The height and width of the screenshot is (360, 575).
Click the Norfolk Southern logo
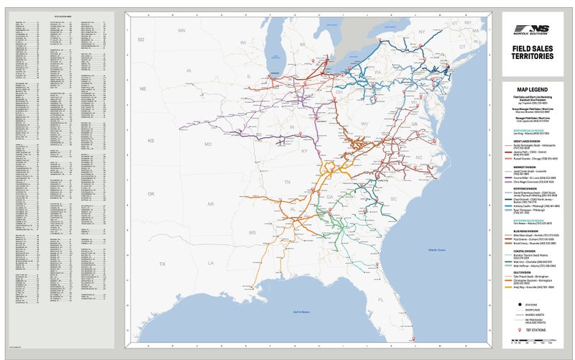(533, 30)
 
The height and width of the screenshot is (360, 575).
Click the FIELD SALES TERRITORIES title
(533, 52)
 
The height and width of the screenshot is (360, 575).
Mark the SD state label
(141, 39)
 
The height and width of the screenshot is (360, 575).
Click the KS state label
(151, 141)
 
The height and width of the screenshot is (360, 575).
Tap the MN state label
(182, 32)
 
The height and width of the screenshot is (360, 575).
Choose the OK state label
(151, 194)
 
